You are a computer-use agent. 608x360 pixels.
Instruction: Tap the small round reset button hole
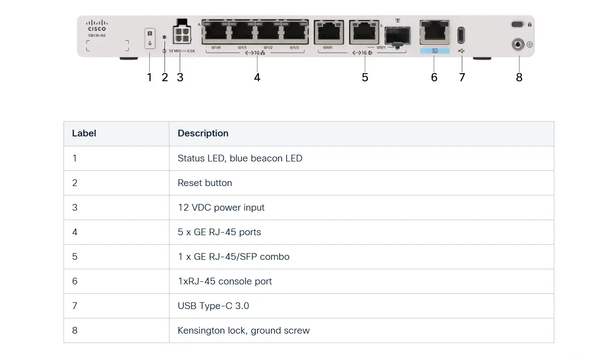click(x=165, y=37)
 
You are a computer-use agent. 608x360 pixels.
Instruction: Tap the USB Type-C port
click(x=461, y=35)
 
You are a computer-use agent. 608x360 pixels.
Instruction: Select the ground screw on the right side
click(x=518, y=45)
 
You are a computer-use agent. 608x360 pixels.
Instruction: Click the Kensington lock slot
click(x=518, y=24)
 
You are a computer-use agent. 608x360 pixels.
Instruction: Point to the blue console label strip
click(x=435, y=51)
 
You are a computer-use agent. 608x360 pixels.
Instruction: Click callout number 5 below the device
click(x=365, y=77)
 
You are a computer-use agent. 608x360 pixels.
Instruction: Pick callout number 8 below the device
click(x=519, y=77)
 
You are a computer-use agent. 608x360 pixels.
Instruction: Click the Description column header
click(x=203, y=133)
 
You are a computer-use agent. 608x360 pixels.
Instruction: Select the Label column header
click(x=84, y=133)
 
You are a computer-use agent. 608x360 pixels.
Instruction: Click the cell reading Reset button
click(x=205, y=183)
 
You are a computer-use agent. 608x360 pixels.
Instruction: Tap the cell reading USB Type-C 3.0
click(x=213, y=306)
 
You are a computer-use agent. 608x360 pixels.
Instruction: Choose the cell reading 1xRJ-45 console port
click(x=225, y=281)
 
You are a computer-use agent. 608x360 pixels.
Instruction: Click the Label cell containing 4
click(x=75, y=232)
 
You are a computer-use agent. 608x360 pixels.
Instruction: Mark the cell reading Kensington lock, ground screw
click(x=244, y=330)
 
